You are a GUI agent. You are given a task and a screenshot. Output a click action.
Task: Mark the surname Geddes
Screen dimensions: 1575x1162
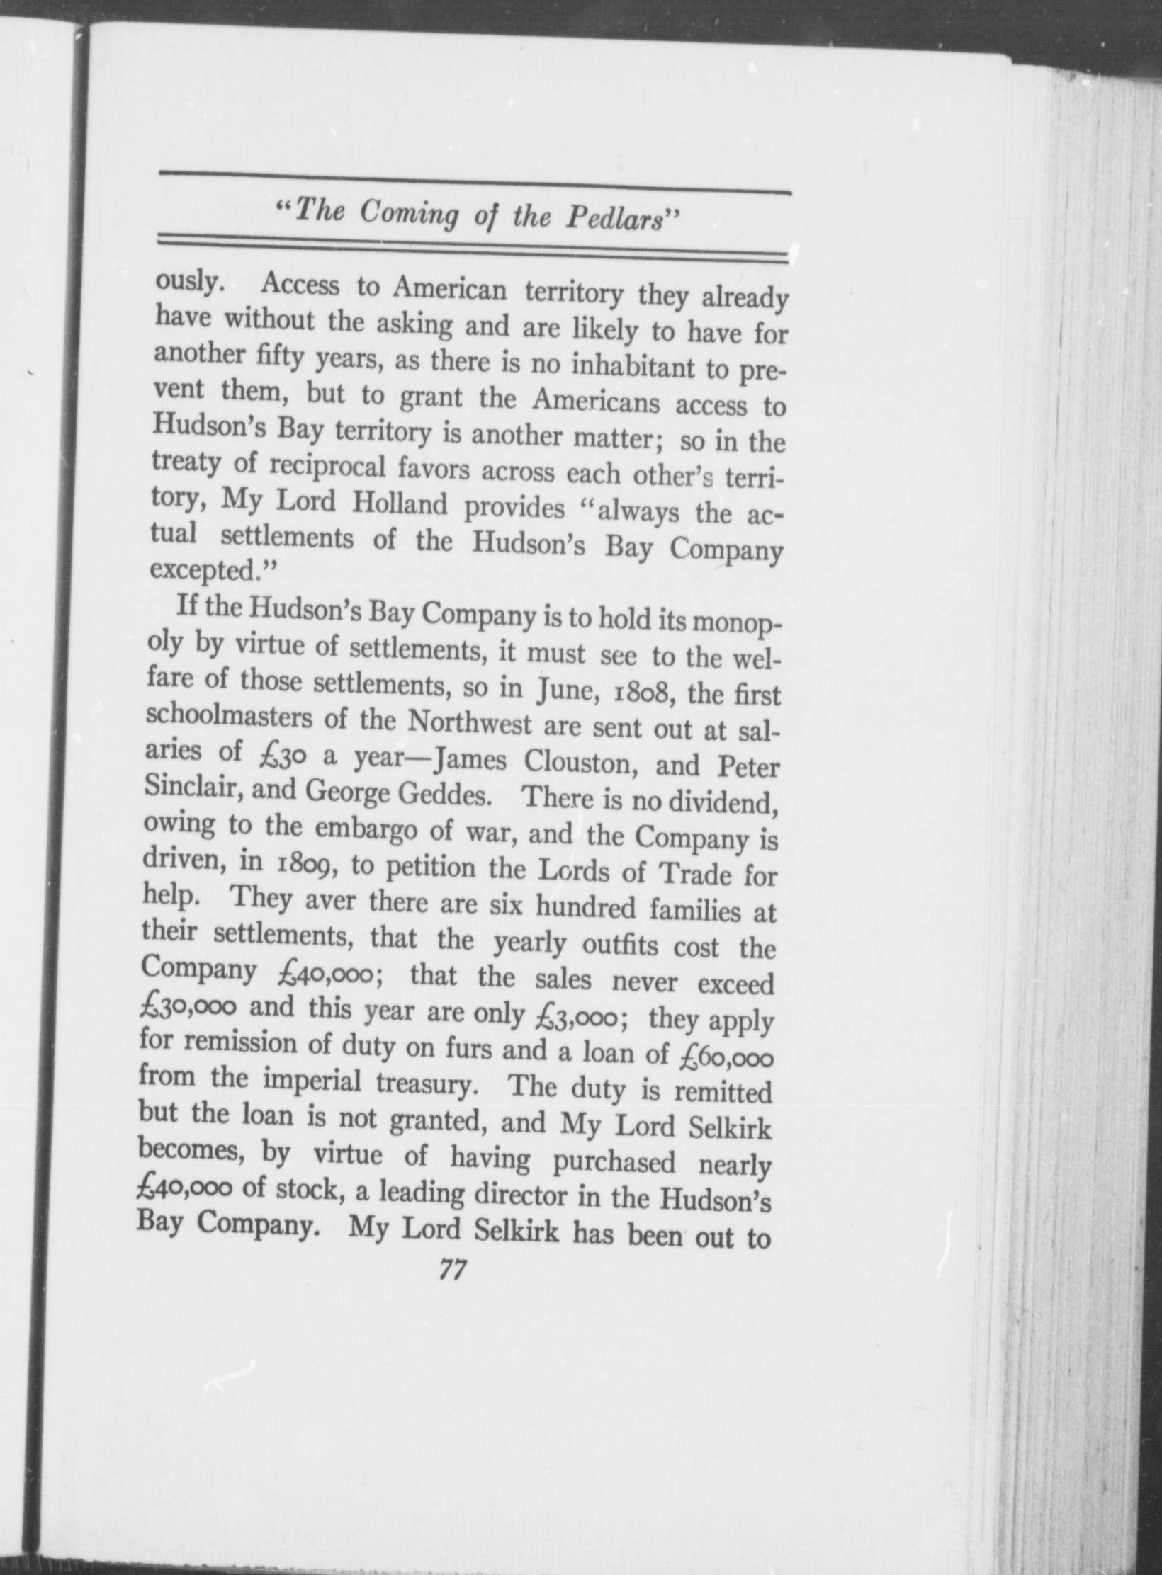pyautogui.click(x=446, y=795)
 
